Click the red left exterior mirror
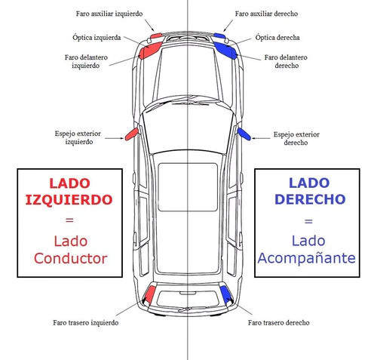coord(132,134)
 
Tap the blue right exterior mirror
coord(244,134)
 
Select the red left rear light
coord(150,294)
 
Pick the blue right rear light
coord(225,294)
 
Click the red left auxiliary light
coord(156,35)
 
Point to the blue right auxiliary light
coord(219,35)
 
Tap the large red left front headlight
coord(150,51)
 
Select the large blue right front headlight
coord(225,51)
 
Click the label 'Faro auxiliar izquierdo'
coord(109,14)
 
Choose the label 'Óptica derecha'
coord(277,38)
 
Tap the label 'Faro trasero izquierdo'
coord(86,322)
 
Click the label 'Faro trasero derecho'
coord(279,322)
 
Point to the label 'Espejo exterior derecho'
coord(296,138)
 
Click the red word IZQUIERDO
coord(69,200)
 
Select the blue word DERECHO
coord(310,199)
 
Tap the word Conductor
coord(71,259)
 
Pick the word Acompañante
coord(307,259)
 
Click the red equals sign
coord(69,220)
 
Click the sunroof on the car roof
coord(188,187)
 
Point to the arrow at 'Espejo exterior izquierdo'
coord(115,138)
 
